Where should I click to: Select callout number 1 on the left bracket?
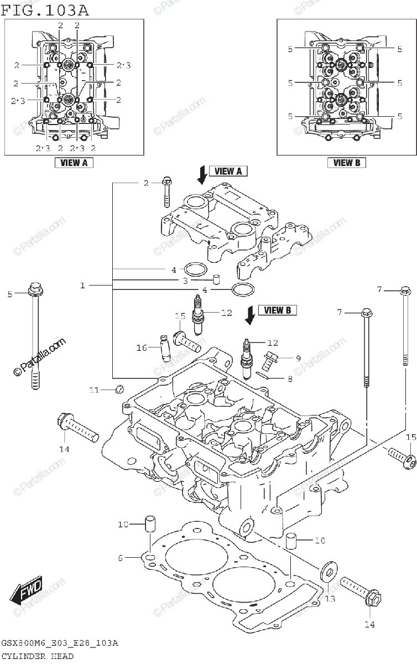pyautogui.click(x=82, y=286)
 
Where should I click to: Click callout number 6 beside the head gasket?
pyautogui.click(x=121, y=558)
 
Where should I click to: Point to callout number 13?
pyautogui.click(x=330, y=599)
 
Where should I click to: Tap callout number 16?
pyautogui.click(x=142, y=347)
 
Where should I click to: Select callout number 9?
pyautogui.click(x=298, y=358)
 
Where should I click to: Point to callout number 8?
pyautogui.click(x=289, y=379)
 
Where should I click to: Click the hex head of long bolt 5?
pyautogui.click(x=35, y=288)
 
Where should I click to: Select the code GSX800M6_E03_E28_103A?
pyautogui.click(x=59, y=644)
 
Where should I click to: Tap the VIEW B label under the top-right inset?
pyautogui.click(x=347, y=163)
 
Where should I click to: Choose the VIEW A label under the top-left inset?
pyautogui.click(x=74, y=163)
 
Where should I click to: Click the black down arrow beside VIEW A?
pyautogui.click(x=202, y=174)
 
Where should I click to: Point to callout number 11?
pyautogui.click(x=94, y=390)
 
